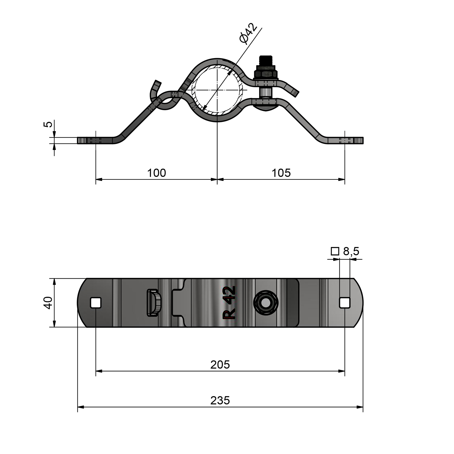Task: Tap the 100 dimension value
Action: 156,173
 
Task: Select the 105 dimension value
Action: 281,173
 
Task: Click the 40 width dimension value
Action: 48,303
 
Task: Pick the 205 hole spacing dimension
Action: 220,365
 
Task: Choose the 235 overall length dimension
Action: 220,400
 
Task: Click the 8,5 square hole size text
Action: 351,251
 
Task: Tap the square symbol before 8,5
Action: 335,251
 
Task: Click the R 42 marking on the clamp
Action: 229,303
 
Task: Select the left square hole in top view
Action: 96,303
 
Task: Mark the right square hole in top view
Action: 345,303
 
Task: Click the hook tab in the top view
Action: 154,303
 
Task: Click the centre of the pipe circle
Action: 217,90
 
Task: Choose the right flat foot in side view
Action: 345,140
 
